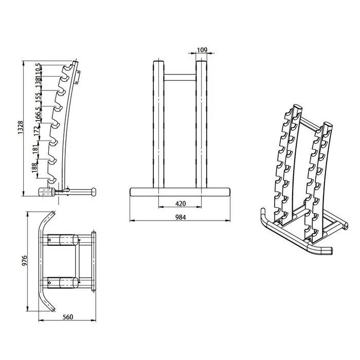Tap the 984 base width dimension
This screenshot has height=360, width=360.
(x=180, y=217)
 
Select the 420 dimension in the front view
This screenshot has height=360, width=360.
(x=180, y=203)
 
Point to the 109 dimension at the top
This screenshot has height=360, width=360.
(x=202, y=50)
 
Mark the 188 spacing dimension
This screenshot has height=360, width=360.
(x=34, y=169)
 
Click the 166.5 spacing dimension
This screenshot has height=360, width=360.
(x=38, y=114)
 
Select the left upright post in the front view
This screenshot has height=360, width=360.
(x=158, y=123)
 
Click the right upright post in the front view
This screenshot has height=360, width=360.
(x=202, y=123)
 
